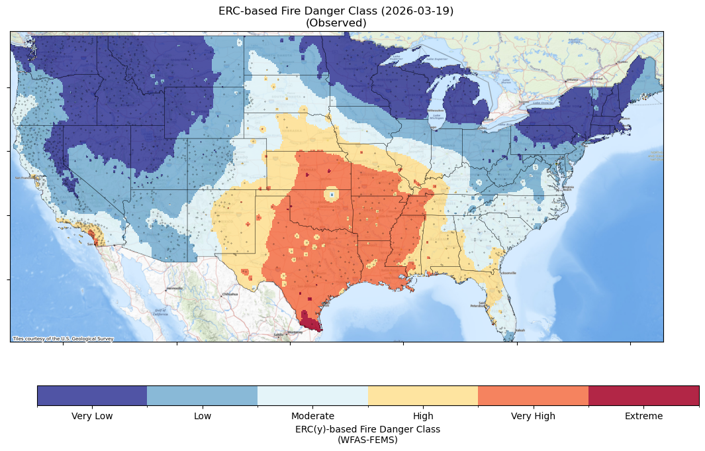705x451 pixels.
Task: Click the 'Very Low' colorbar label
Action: point(92,416)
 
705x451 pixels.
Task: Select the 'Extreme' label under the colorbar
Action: point(643,416)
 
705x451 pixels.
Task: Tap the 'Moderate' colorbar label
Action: point(312,416)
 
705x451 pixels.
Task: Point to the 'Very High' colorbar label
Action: point(533,416)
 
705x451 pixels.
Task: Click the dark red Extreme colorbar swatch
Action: point(643,395)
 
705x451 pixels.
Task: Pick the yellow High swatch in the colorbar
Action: point(422,395)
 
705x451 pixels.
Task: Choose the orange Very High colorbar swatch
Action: point(533,395)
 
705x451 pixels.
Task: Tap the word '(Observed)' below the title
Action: point(336,23)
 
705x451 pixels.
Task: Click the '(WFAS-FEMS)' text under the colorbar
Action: point(367,439)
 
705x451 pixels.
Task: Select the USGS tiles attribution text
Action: point(63,338)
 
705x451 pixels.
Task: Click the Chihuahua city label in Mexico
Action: point(229,293)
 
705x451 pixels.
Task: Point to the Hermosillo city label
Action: point(174,289)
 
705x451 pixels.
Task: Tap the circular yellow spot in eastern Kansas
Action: point(330,194)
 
